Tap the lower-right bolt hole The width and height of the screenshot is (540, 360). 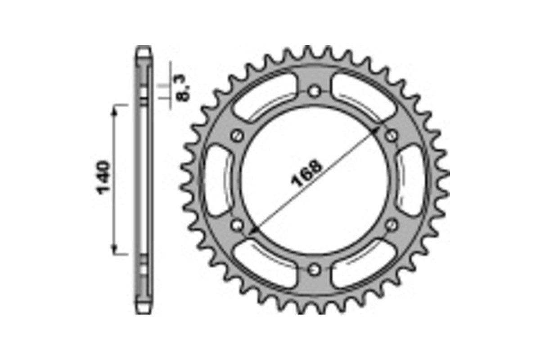coord(392,224)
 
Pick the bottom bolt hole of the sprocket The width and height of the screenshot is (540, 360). coord(315,269)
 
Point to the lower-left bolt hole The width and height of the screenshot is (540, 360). coord(237,224)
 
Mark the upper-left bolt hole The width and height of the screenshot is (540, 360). coord(237,135)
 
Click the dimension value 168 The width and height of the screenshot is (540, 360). coord(308,173)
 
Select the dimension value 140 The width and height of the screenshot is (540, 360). coord(103,177)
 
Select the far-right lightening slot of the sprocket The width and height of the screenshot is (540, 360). coord(411,180)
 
